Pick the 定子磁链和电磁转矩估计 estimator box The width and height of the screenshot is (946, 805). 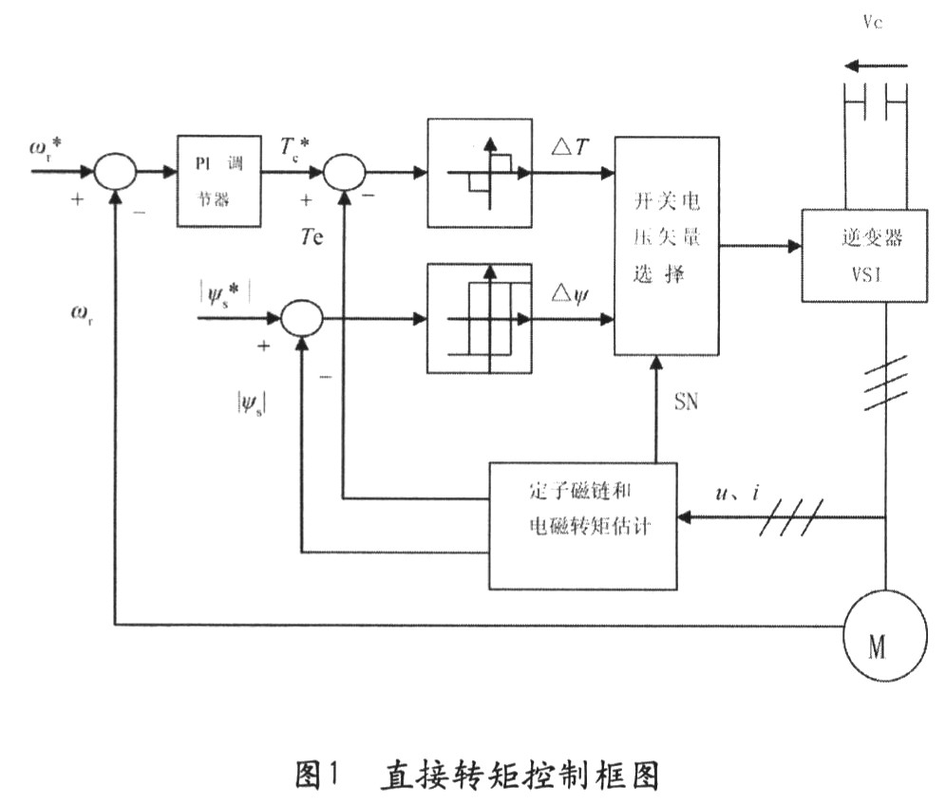click(x=583, y=524)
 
